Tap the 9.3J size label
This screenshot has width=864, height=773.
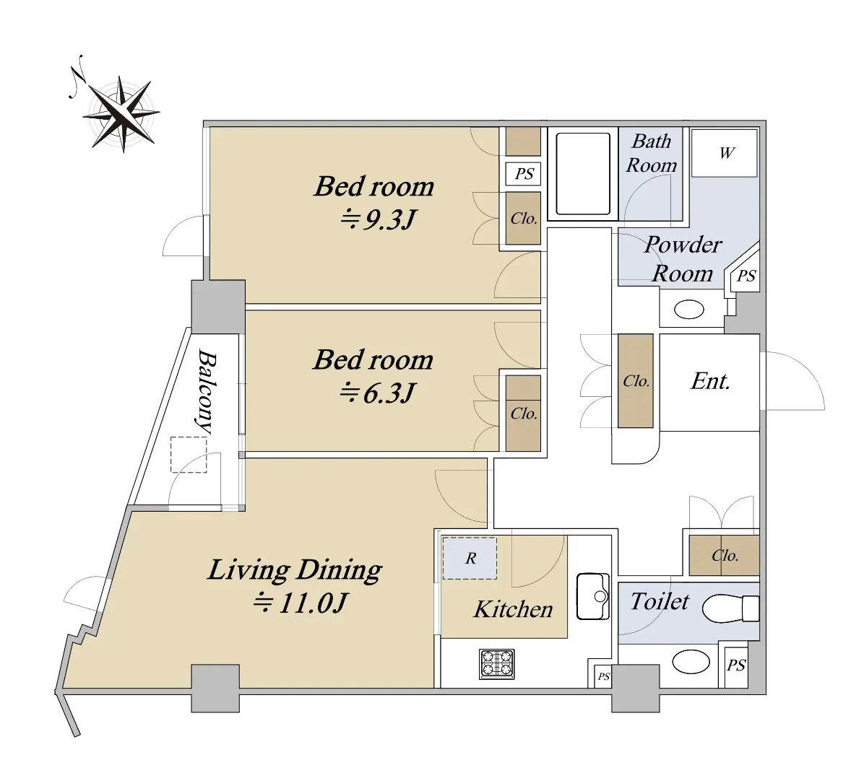tap(377, 220)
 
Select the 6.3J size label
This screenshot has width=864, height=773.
tap(377, 393)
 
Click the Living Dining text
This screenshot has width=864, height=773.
tap(294, 570)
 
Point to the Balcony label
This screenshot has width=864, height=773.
tap(207, 391)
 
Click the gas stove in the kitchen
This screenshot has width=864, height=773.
tap(496, 663)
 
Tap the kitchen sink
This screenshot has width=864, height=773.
tap(593, 596)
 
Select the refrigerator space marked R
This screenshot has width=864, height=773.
tap(470, 559)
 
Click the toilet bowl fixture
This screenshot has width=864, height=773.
tap(730, 608)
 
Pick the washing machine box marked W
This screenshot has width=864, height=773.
tap(724, 153)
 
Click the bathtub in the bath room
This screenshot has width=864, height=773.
tap(583, 173)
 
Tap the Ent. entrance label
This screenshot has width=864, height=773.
tap(710, 381)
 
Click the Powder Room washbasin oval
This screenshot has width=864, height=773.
tap(688, 310)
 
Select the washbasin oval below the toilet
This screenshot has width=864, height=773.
tap(691, 662)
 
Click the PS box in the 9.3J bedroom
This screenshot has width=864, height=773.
tap(524, 174)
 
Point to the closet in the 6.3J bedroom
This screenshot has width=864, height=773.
tap(523, 413)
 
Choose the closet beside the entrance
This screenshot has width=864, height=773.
tap(635, 381)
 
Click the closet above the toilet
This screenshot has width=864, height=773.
tap(724, 556)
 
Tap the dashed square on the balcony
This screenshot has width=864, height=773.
tap(189, 454)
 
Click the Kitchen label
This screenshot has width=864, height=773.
tap(513, 609)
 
